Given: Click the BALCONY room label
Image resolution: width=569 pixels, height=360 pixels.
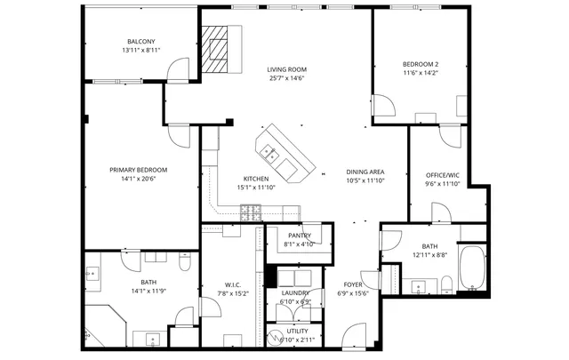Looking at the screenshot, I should coord(141,42).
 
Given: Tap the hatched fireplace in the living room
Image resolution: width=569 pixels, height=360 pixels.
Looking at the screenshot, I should coord(215,53).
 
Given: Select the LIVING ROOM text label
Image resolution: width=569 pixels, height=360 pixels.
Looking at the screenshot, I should coord(286,69).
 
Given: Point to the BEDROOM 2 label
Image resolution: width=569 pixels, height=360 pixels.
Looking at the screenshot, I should coord(421,64).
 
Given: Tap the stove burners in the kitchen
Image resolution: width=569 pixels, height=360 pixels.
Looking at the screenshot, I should coord(251,211).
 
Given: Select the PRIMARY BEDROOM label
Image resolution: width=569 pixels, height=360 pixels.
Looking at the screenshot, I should coord(138,170).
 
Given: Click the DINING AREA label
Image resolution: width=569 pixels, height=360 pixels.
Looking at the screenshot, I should coord(365,171).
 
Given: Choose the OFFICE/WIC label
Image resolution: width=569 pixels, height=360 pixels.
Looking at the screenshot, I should coord(442,175).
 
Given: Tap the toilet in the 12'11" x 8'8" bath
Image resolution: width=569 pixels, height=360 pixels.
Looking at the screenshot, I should coord(447,284).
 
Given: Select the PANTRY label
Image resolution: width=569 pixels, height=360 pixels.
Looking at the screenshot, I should coord(298,236).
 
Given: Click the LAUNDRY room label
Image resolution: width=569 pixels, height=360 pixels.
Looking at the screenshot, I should coord(295,292).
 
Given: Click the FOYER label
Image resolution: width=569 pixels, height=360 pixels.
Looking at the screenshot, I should coord(353,285).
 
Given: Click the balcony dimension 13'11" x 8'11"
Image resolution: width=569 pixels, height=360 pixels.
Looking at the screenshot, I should coord(141,51).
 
